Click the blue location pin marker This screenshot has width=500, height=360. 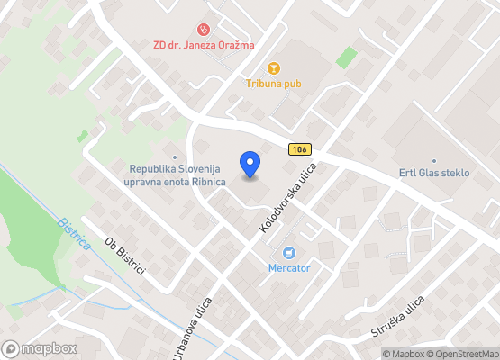point(250,164)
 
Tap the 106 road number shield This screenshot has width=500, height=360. point(299,149)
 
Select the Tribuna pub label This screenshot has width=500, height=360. point(273,84)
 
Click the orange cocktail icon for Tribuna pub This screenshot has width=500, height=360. point(274,67)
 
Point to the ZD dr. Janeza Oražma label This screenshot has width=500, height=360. point(203,45)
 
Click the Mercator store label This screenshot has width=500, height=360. point(289,268)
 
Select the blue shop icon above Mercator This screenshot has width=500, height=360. point(289,253)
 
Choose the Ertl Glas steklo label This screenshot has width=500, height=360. point(434,173)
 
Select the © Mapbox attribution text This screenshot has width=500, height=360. point(405,353)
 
